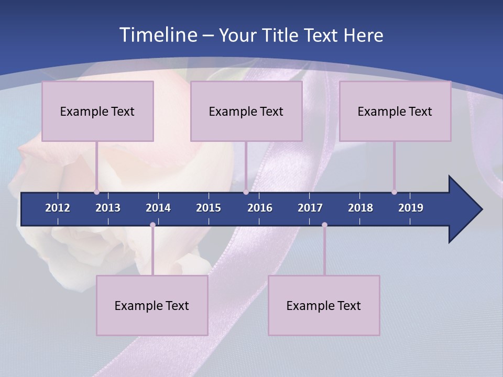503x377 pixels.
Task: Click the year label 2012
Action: click(x=58, y=208)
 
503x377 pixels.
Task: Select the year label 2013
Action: click(x=108, y=208)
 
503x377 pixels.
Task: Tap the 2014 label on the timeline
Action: click(x=158, y=208)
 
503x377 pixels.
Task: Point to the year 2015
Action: click(x=209, y=208)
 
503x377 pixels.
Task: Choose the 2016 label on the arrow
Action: click(x=260, y=208)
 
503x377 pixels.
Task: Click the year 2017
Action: click(x=310, y=208)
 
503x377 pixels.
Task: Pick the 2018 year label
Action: click(x=360, y=208)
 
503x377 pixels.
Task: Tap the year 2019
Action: click(x=411, y=208)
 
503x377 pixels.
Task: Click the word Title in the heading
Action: click(x=281, y=36)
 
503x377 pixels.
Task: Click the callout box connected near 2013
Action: click(x=97, y=111)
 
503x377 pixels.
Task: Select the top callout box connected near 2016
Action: click(x=246, y=111)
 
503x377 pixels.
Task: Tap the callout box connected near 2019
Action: click(x=395, y=111)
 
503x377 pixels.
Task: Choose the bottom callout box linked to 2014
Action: click(x=152, y=305)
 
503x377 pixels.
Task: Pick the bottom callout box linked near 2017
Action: click(x=324, y=305)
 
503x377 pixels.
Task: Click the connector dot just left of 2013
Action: click(x=96, y=192)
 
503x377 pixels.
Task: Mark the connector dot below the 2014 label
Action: click(x=152, y=225)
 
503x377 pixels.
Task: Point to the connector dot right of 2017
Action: click(x=324, y=225)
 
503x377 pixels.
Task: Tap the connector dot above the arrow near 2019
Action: click(x=394, y=192)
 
